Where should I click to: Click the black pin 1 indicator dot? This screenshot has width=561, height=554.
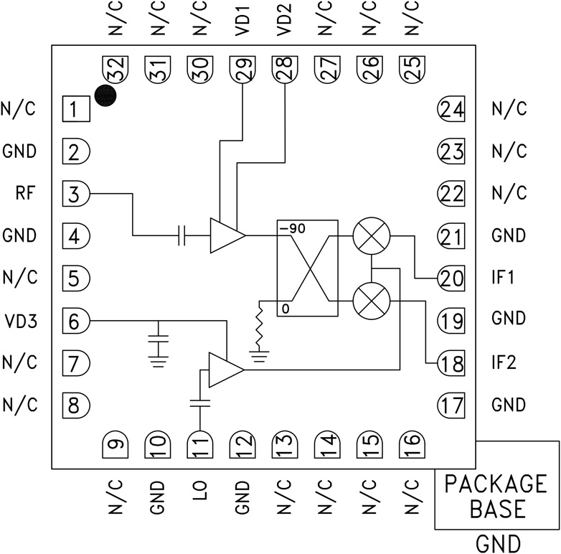tap(106, 95)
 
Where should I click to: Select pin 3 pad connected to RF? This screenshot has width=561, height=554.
tap(75, 193)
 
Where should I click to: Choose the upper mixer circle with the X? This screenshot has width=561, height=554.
tap(372, 236)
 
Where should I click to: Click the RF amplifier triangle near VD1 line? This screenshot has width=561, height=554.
tap(226, 235)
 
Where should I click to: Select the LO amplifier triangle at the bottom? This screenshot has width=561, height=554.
tap(225, 370)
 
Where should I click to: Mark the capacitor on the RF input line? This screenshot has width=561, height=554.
tap(182, 235)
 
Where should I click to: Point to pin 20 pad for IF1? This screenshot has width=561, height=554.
tap(451, 278)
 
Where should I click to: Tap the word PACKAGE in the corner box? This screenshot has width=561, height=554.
tap(495, 482)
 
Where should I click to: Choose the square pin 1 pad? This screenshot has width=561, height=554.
tap(75, 109)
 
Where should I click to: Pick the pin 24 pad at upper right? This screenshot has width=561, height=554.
tap(451, 110)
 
